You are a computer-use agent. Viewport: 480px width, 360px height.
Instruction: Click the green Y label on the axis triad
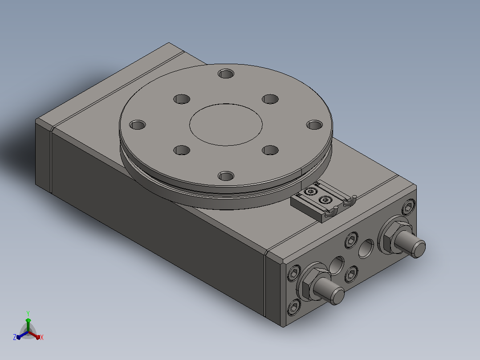28,313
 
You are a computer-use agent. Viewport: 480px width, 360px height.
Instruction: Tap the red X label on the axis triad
42,337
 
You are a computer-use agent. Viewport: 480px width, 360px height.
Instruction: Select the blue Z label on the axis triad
15,337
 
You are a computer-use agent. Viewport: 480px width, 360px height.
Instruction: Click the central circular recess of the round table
226,124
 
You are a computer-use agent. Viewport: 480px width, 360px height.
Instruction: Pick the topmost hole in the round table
226,74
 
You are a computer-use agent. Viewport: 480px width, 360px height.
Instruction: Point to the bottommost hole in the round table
226,176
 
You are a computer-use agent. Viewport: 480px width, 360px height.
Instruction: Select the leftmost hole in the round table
138,125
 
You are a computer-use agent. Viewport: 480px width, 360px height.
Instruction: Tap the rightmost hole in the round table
315,125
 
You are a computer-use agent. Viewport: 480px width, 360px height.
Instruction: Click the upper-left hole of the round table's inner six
182,99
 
